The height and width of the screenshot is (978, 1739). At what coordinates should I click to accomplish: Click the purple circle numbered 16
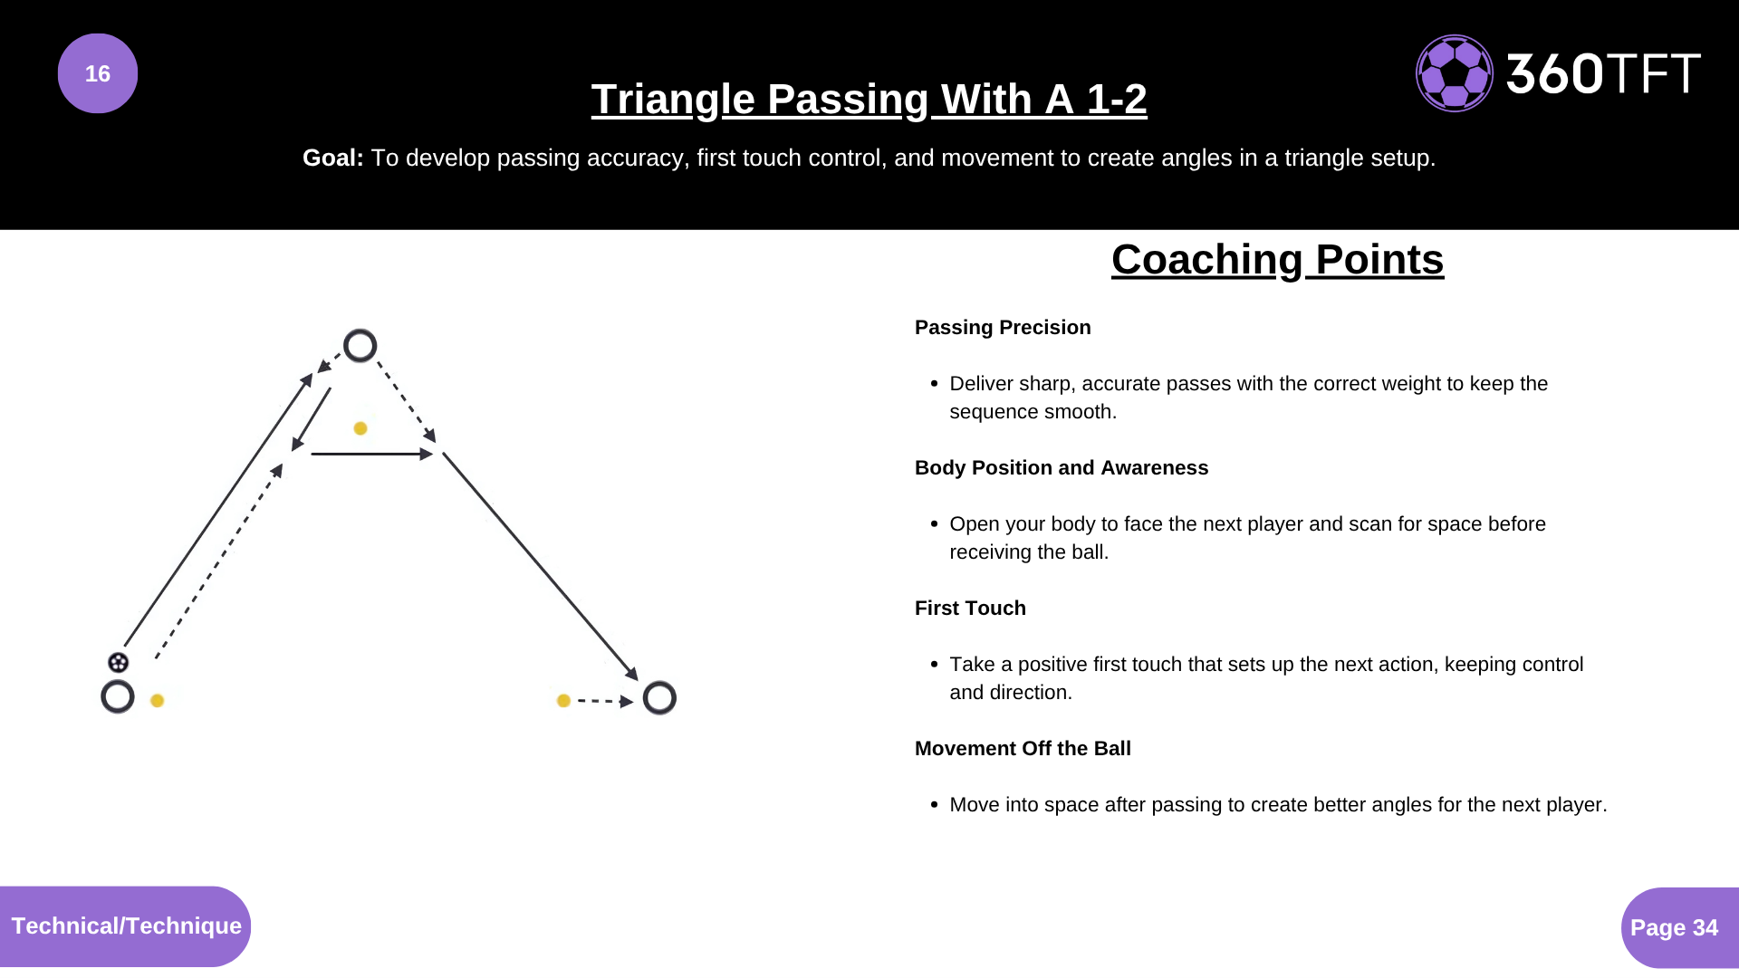(98, 73)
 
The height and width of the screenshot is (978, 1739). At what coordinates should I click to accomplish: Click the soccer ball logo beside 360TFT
(1455, 73)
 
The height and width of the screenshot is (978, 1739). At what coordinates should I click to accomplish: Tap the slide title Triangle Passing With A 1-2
(869, 99)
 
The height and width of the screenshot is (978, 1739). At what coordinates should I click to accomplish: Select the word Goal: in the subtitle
(332, 158)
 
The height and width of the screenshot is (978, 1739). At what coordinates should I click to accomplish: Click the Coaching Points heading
(1277, 260)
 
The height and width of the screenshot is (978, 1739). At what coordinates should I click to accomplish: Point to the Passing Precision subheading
(1003, 328)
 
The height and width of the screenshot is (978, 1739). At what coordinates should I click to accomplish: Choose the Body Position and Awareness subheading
(1062, 468)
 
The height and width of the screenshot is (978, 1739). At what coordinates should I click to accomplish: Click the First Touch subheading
(970, 609)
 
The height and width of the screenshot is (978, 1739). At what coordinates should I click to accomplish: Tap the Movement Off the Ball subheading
(1023, 749)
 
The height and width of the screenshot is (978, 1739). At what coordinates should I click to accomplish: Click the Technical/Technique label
(126, 926)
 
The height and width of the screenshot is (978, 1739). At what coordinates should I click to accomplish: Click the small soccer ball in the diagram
(118, 662)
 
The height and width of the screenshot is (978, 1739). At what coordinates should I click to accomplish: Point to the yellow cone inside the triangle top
(360, 428)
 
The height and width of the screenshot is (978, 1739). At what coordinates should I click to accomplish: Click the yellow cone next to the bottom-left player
(157, 700)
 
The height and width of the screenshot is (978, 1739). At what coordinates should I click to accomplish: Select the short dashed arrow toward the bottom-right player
(605, 701)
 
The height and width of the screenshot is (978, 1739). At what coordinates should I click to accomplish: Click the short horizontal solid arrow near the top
(371, 454)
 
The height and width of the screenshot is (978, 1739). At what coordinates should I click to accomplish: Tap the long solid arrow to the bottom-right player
(540, 566)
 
